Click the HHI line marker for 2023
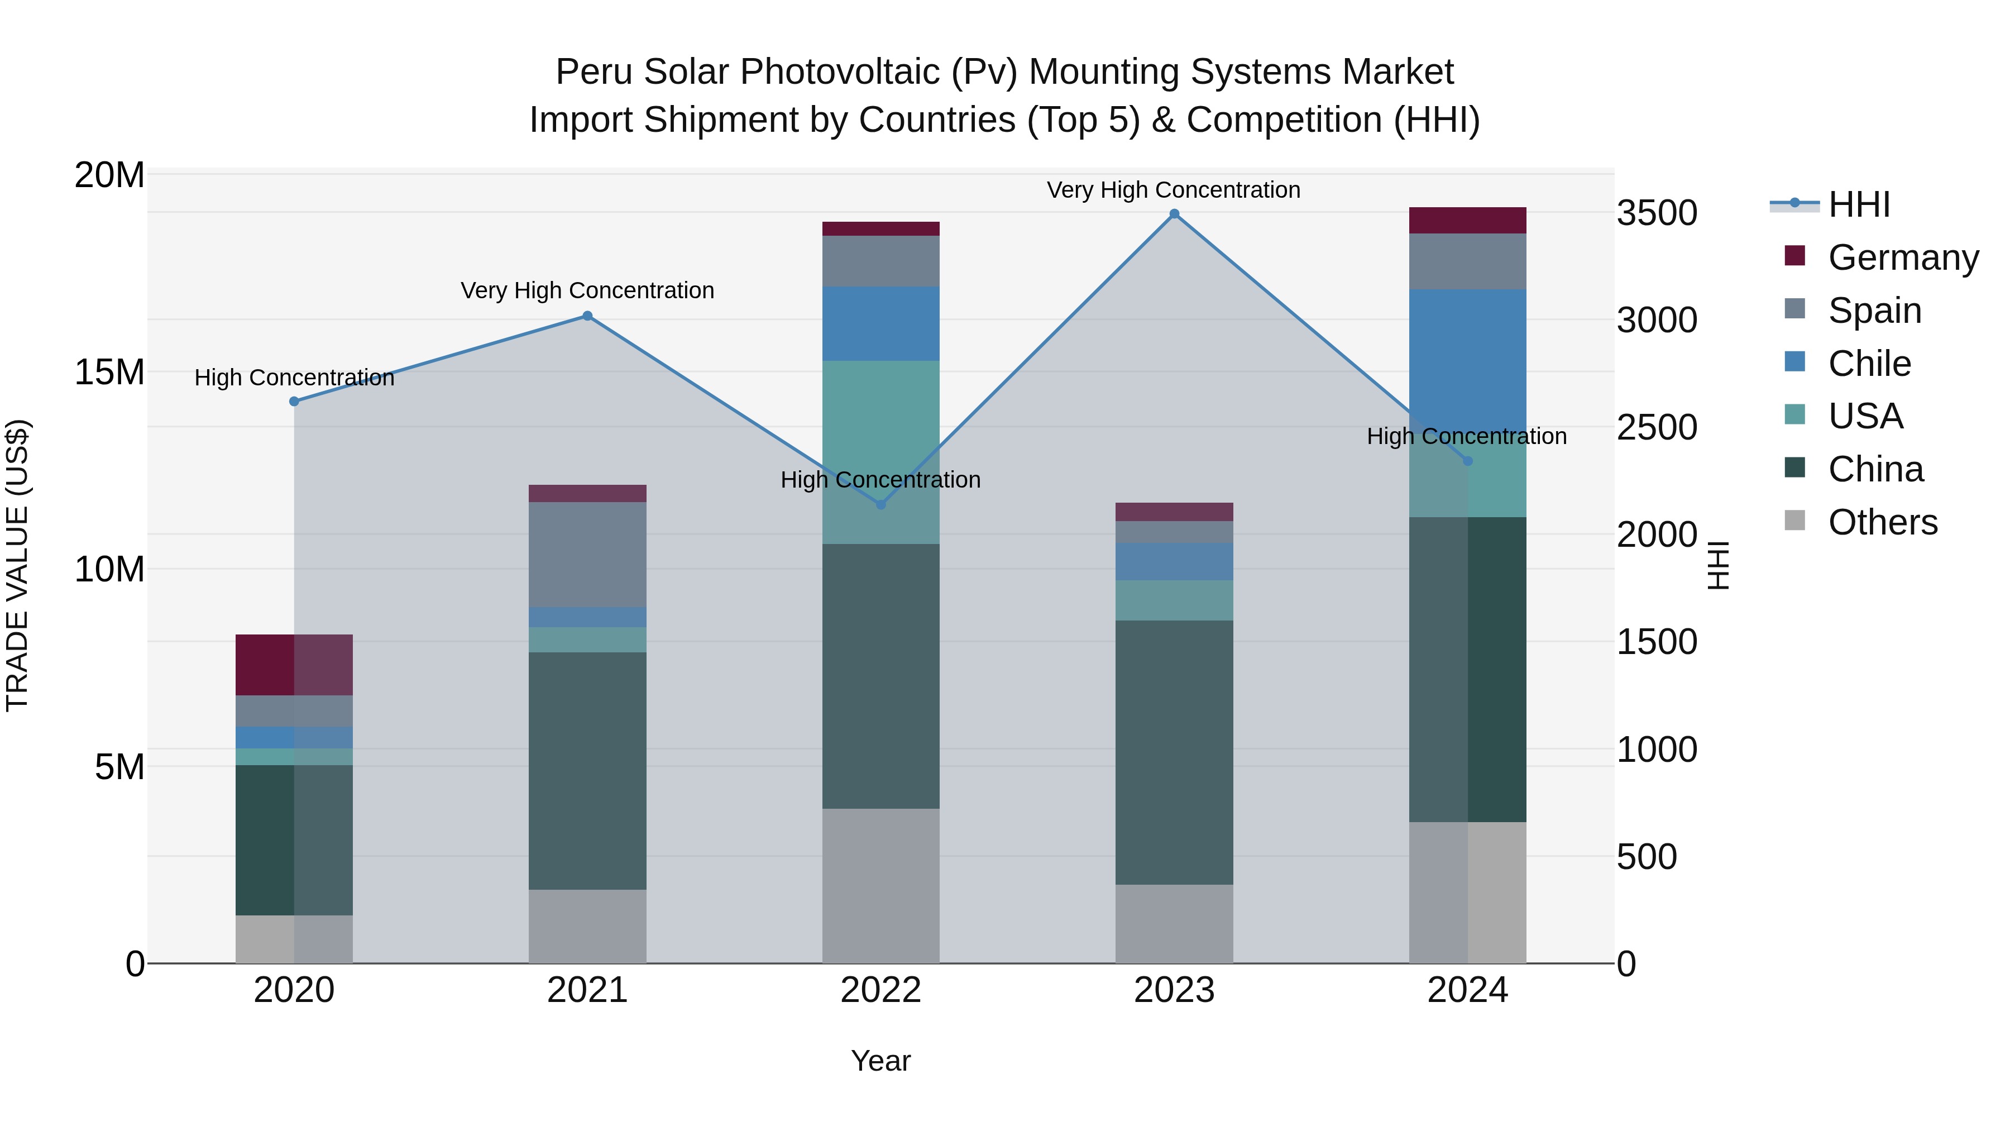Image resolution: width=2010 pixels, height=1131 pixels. click(1174, 214)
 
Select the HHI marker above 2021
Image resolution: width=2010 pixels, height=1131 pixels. click(587, 316)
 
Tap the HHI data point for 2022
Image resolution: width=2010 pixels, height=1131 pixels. click(881, 505)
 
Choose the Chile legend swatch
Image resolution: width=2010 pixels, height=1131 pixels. click(1794, 362)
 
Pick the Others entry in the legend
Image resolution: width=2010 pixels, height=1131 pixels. click(1882, 522)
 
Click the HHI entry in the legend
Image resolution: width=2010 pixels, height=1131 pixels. click(1859, 204)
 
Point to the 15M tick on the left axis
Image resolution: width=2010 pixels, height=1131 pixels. click(109, 373)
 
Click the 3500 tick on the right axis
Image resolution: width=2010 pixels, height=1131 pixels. click(1656, 213)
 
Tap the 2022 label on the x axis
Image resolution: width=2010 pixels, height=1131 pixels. click(881, 990)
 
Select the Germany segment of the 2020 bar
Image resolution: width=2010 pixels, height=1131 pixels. click(294, 665)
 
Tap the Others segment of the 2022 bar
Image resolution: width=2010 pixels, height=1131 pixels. click(881, 885)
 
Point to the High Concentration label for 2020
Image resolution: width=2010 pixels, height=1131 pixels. click(294, 378)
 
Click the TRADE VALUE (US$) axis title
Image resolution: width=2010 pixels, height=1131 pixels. click(17, 565)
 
